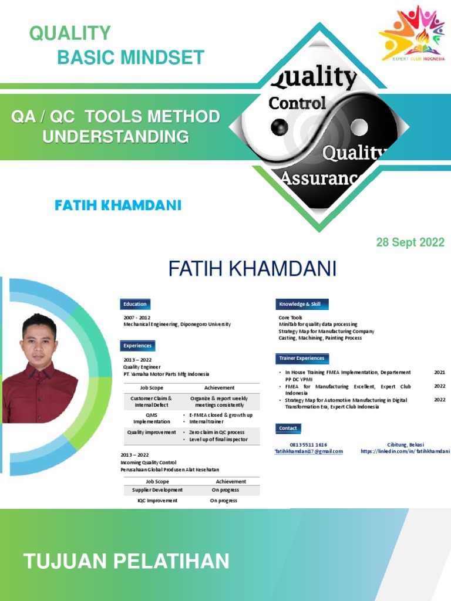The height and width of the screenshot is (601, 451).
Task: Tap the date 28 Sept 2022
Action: click(x=410, y=242)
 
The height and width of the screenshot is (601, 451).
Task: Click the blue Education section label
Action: click(x=135, y=304)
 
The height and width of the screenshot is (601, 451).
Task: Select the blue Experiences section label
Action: click(x=138, y=346)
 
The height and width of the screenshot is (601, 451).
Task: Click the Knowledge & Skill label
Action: click(x=302, y=304)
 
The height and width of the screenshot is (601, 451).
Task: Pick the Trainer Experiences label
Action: click(x=302, y=358)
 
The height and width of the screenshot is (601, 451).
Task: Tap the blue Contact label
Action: click(x=288, y=428)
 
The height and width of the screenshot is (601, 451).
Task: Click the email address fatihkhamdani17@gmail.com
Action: click(x=308, y=451)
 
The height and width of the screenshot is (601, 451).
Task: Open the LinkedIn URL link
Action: click(x=405, y=451)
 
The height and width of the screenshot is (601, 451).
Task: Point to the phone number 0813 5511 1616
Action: click(x=308, y=445)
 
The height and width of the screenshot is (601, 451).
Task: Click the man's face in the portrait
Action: click(x=40, y=340)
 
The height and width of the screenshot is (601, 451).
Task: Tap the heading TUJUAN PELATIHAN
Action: click(x=126, y=562)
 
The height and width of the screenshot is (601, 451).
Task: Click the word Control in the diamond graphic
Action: click(x=297, y=103)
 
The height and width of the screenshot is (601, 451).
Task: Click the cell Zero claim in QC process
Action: click(x=217, y=432)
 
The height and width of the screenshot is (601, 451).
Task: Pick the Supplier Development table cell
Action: click(x=157, y=489)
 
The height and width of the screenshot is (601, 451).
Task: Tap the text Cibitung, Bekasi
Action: click(x=405, y=445)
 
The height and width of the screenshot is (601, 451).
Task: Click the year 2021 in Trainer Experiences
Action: click(x=440, y=372)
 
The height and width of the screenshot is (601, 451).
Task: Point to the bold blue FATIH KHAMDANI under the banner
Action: click(x=118, y=205)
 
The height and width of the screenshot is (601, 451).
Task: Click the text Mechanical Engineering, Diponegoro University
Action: click(x=177, y=324)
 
